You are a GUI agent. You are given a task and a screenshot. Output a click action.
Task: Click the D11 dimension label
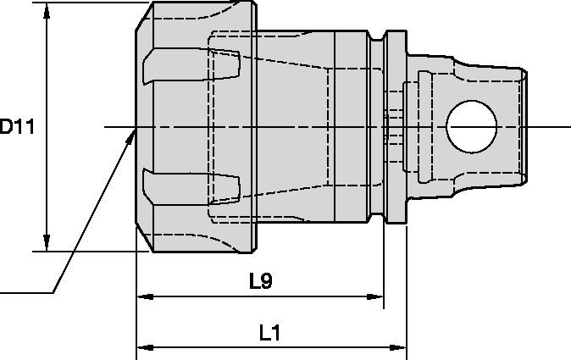tap(17, 127)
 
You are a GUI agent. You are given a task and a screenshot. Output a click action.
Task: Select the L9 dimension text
tap(260, 280)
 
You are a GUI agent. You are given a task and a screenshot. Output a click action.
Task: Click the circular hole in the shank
tap(472, 127)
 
